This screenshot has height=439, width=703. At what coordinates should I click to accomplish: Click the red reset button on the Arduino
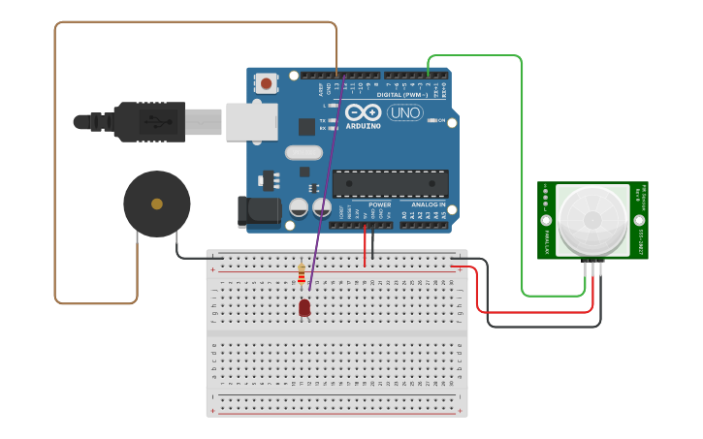(266, 84)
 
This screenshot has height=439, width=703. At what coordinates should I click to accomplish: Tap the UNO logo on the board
(404, 113)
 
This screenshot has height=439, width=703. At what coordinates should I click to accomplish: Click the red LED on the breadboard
(304, 307)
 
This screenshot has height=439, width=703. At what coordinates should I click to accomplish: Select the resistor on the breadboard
(302, 274)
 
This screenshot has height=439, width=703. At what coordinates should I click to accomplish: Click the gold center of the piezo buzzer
(156, 204)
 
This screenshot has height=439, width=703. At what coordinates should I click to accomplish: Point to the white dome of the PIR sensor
(592, 220)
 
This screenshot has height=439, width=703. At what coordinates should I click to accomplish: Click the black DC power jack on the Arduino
(257, 212)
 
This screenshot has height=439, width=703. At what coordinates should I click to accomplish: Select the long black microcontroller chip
(390, 183)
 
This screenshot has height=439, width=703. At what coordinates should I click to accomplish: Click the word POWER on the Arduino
(380, 205)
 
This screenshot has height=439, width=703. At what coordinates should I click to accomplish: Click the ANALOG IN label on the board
(428, 205)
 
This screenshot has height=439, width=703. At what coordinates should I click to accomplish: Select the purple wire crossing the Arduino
(326, 184)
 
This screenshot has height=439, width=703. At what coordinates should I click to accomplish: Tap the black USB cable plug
(145, 122)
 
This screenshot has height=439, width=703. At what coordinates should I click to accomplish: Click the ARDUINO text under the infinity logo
(364, 126)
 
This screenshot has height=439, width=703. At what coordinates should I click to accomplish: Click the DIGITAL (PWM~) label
(402, 95)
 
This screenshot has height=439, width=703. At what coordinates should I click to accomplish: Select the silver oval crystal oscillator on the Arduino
(304, 152)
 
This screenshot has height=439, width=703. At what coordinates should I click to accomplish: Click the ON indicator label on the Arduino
(441, 121)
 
